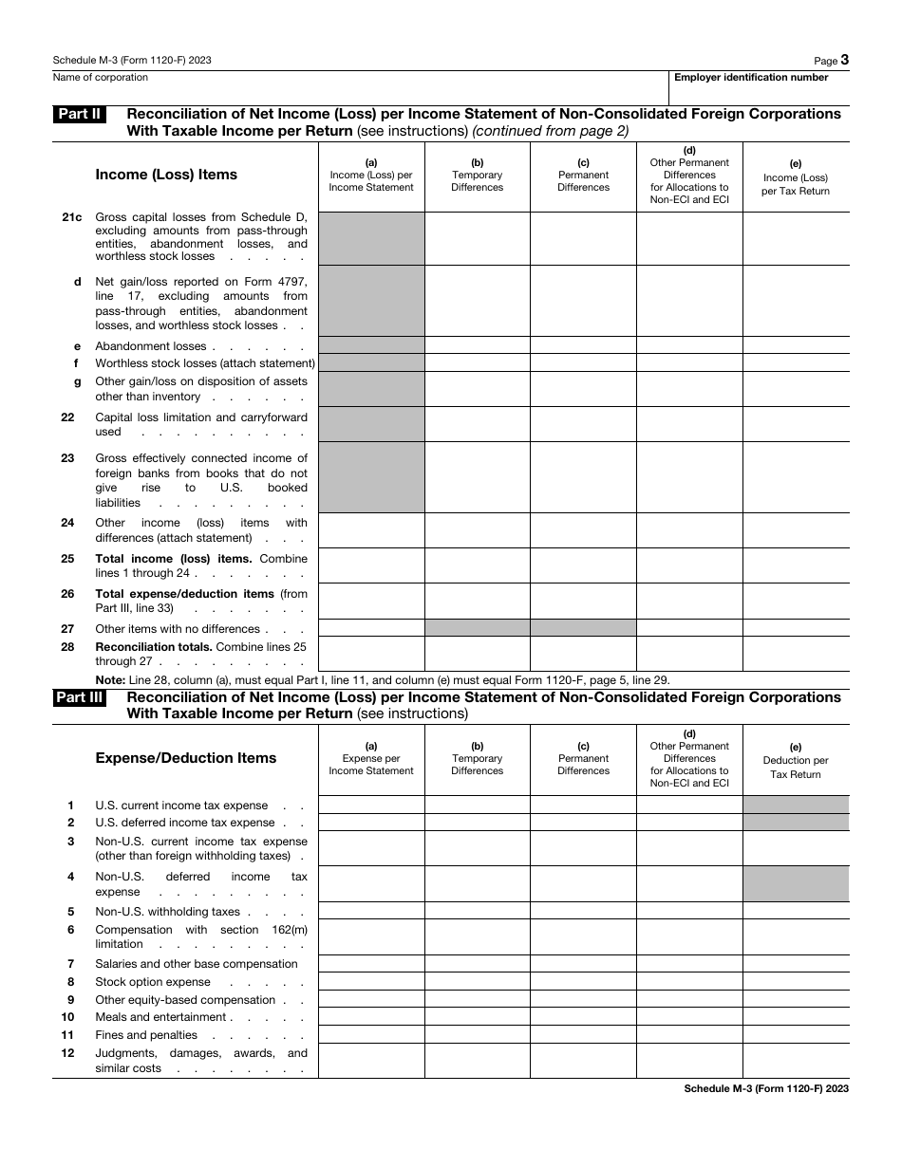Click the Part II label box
(x=79, y=114)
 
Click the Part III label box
(x=79, y=697)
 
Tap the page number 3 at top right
(x=844, y=60)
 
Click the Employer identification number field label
(x=751, y=78)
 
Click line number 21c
(x=72, y=216)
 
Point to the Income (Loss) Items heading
(x=166, y=175)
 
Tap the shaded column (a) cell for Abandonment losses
(x=371, y=345)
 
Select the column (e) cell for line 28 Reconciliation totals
(x=796, y=654)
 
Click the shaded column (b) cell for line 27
(x=477, y=628)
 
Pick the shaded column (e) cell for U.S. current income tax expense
(x=796, y=805)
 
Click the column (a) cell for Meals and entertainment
(x=371, y=1017)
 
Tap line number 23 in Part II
(x=67, y=458)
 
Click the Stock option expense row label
(x=153, y=982)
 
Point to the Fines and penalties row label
(x=146, y=1035)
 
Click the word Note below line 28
(x=109, y=679)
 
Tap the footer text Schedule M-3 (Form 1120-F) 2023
(x=766, y=1089)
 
